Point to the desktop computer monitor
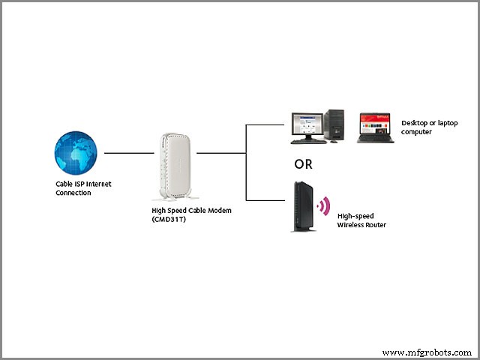point(307,124)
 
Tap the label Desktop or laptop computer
point(429,127)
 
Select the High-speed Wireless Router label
point(361,219)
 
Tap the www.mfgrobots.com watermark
point(427,352)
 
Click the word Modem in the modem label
point(218,211)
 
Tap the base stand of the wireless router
point(301,229)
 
